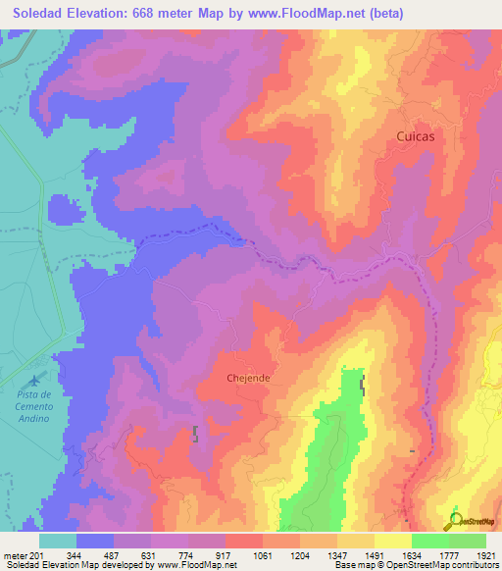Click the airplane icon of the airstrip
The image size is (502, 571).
pyautogui.click(x=37, y=379)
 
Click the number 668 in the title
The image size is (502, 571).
pyautogui.click(x=168, y=13)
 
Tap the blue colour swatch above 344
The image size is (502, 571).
pyautogui.click(x=95, y=541)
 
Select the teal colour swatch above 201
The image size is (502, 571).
pyautogui.click(x=58, y=541)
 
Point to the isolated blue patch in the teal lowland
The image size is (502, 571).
pyautogui.click(x=65, y=209)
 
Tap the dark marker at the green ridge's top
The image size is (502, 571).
pyautogui.click(x=363, y=386)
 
